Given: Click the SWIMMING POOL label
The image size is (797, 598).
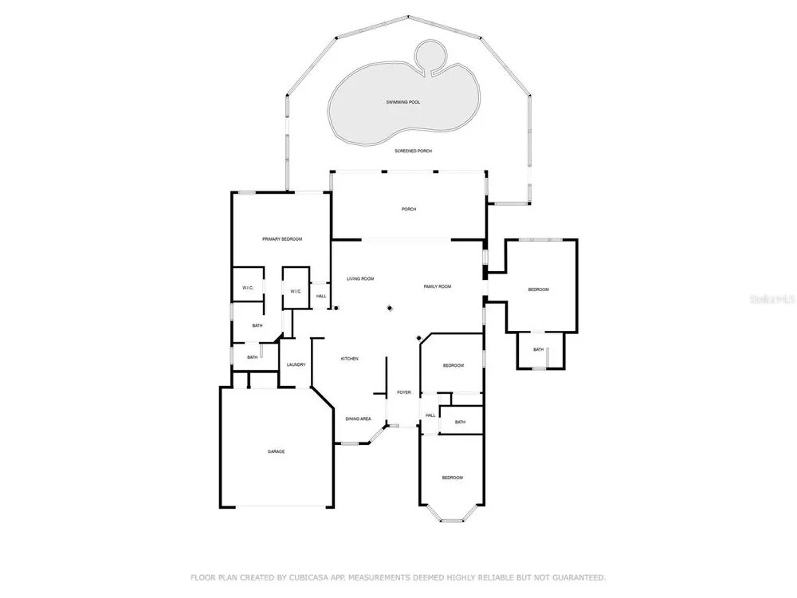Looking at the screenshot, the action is pos(403,102).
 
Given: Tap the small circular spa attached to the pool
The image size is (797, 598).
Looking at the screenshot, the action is pos(430,54).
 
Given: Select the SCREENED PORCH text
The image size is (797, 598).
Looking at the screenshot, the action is pos(413,151).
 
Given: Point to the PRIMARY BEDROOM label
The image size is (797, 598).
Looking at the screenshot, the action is pos(282,239).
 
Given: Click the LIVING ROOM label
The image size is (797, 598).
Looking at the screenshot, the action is pos(360,278).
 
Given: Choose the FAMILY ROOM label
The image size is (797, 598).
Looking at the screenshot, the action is pos(438,287).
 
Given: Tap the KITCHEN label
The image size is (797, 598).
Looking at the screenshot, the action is pos(350,359).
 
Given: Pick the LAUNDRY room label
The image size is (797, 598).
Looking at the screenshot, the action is pos(296,364).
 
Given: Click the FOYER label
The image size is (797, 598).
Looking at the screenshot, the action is pos(404,392).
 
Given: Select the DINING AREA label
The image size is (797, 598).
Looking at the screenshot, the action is pos(359,419).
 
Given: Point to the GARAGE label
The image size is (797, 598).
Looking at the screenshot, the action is pos(277,451).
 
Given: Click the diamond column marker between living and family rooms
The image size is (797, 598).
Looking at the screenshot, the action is pos(390,308).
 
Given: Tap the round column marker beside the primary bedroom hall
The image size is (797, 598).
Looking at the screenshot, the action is pos(336,308).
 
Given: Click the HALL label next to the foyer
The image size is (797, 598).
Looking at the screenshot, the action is pos(430,415).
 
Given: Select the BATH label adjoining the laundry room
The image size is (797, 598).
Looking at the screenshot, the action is pos(253,357).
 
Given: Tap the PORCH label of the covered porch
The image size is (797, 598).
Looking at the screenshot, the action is pos(409,209).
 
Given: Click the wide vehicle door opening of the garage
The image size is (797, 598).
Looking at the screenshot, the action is pos(281,506).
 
